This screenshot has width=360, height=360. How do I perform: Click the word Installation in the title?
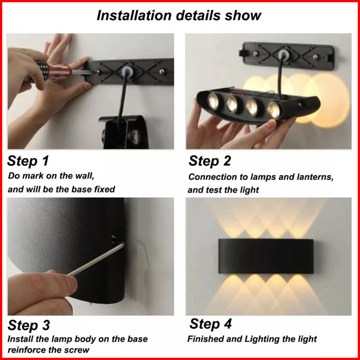pyautogui.click(x=134, y=16)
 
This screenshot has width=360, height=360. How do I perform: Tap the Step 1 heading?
pyautogui.click(x=28, y=160)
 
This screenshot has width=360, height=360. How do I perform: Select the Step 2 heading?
pyautogui.click(x=210, y=161)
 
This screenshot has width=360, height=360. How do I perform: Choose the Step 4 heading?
pyautogui.click(x=211, y=324)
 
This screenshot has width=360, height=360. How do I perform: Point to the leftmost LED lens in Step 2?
pyautogui.click(x=213, y=101)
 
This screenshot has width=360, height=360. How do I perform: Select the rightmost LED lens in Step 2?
pyautogui.click(x=274, y=110)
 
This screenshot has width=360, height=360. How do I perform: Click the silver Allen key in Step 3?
pyautogui.click(x=96, y=259)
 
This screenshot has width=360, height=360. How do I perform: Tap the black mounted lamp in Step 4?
pyautogui.click(x=266, y=256)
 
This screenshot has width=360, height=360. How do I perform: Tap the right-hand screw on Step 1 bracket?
pyautogui.click(x=163, y=72)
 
